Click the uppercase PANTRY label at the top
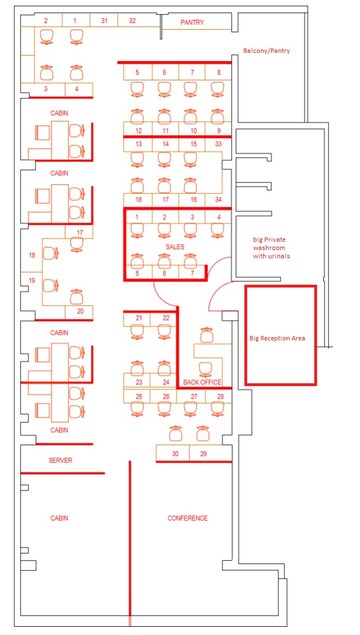192,22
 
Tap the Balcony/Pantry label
266,51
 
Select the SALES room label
175,246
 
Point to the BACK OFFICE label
202,382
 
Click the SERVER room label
60,460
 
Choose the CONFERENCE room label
187,518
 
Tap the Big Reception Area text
277,338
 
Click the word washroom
269,248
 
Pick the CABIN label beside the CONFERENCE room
59,518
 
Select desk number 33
218,144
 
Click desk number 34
218,199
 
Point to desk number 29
203,454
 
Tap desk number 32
132,20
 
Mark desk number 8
219,72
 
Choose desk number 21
139,318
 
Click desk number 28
220,396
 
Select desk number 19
32,280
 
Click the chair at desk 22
164,332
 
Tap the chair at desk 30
175,434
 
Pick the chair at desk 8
218,88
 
